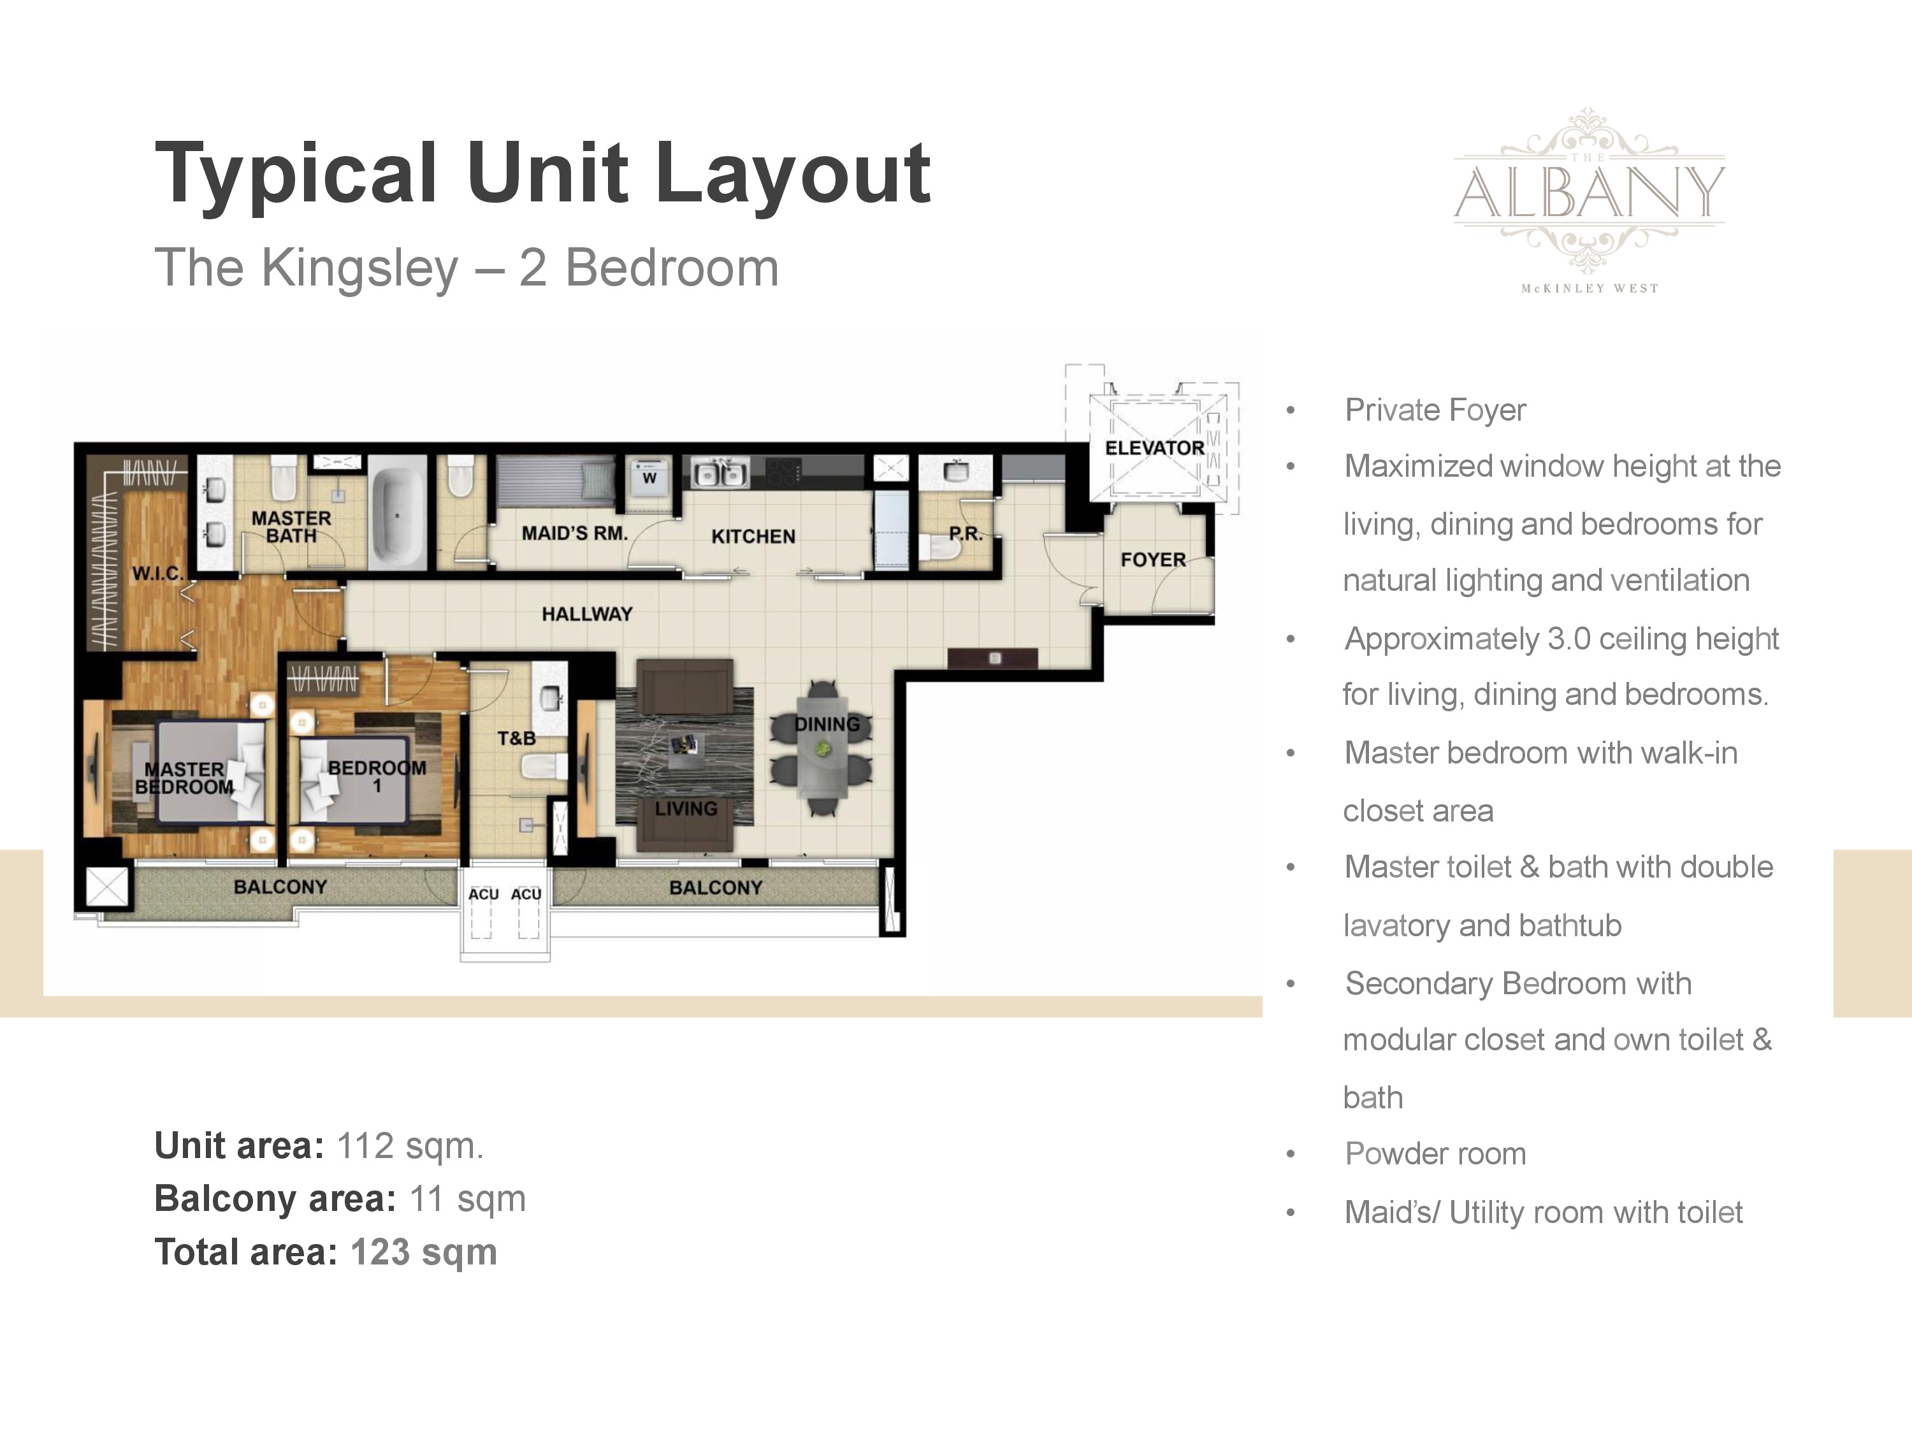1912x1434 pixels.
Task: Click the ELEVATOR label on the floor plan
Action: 1154,448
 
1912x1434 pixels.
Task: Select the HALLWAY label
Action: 587,614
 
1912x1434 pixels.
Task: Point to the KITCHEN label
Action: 753,537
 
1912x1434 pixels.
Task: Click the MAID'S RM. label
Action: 575,533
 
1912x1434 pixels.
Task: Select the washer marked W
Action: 649,477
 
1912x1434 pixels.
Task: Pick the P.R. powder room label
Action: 966,534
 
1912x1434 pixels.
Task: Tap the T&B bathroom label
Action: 516,738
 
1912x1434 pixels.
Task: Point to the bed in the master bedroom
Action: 210,771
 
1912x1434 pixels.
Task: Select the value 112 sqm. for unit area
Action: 410,1146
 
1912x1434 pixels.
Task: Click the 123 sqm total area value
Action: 424,1252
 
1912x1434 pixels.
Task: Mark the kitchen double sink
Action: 719,474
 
